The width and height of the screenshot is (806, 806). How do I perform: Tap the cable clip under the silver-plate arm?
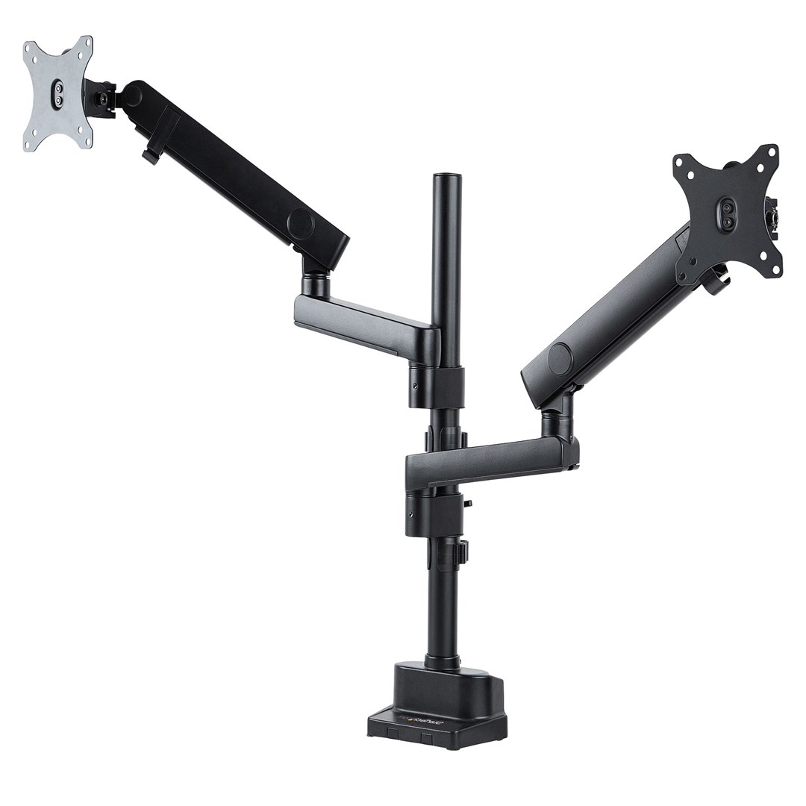pyautogui.click(x=149, y=157)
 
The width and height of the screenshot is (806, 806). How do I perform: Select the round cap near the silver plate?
pyautogui.click(x=135, y=95)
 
